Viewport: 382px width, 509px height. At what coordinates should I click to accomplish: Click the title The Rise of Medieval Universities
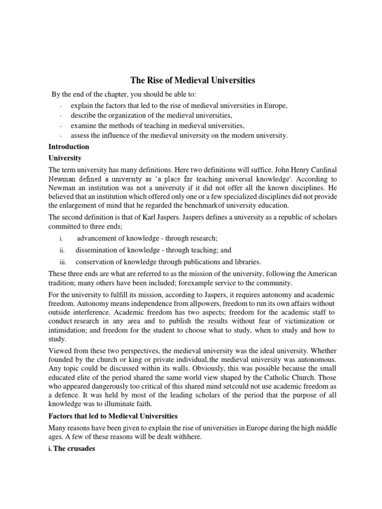click(192, 80)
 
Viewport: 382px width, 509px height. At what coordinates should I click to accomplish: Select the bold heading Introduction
click(69, 147)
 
